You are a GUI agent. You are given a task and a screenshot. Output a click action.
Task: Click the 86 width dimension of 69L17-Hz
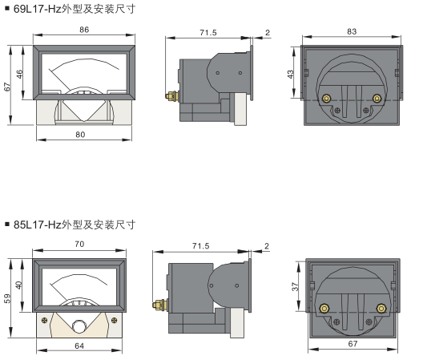[84, 30]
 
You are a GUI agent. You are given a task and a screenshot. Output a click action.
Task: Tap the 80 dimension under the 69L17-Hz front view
[80, 135]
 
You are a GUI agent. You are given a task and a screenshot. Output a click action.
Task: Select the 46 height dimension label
[20, 74]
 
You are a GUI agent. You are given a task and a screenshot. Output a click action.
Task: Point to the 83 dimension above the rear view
[352, 31]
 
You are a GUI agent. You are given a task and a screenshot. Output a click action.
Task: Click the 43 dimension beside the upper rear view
[290, 74]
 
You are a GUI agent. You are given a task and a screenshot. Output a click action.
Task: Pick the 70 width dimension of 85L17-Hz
[79, 244]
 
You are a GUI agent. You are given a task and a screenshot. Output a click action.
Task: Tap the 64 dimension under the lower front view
[79, 346]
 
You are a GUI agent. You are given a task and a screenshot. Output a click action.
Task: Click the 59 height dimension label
[7, 298]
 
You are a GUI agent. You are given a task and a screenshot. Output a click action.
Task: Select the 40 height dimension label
[18, 285]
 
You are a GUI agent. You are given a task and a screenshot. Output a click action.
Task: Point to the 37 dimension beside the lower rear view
[295, 286]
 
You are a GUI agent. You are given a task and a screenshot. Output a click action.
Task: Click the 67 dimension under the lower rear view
[352, 343]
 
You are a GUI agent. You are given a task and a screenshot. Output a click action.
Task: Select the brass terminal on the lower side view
[159, 305]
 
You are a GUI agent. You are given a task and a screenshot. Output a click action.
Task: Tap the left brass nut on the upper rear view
[326, 99]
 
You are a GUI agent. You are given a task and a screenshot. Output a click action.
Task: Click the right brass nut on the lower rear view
[381, 309]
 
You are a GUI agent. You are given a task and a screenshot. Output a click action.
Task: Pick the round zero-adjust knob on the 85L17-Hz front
[79, 326]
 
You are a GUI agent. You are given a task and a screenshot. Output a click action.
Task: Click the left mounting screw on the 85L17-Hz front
[45, 320]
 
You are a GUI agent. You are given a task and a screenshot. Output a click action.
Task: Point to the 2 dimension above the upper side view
[268, 32]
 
